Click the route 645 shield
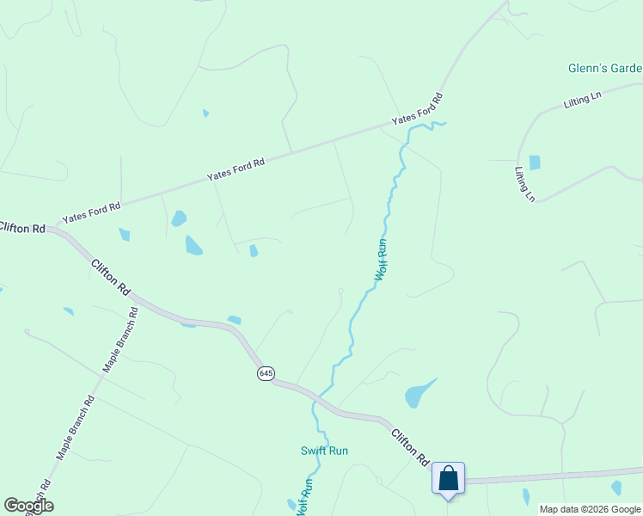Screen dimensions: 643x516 (266, 373)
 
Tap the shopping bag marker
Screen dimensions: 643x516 (448, 478)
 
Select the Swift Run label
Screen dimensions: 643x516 (324, 451)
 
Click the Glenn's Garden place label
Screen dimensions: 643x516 (605, 68)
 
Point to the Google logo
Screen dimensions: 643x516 (28, 506)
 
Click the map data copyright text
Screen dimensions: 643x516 (590, 509)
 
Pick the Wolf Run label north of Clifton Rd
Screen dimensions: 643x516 (382, 260)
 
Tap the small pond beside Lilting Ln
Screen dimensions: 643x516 (535, 162)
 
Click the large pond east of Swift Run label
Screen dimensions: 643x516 (418, 394)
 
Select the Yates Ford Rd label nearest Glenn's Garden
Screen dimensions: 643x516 (417, 109)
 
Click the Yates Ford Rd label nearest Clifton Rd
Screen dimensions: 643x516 (91, 212)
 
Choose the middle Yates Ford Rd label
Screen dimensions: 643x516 (236, 169)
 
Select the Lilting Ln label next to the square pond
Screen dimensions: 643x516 (524, 184)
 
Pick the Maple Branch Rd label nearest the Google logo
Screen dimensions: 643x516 (76, 427)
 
